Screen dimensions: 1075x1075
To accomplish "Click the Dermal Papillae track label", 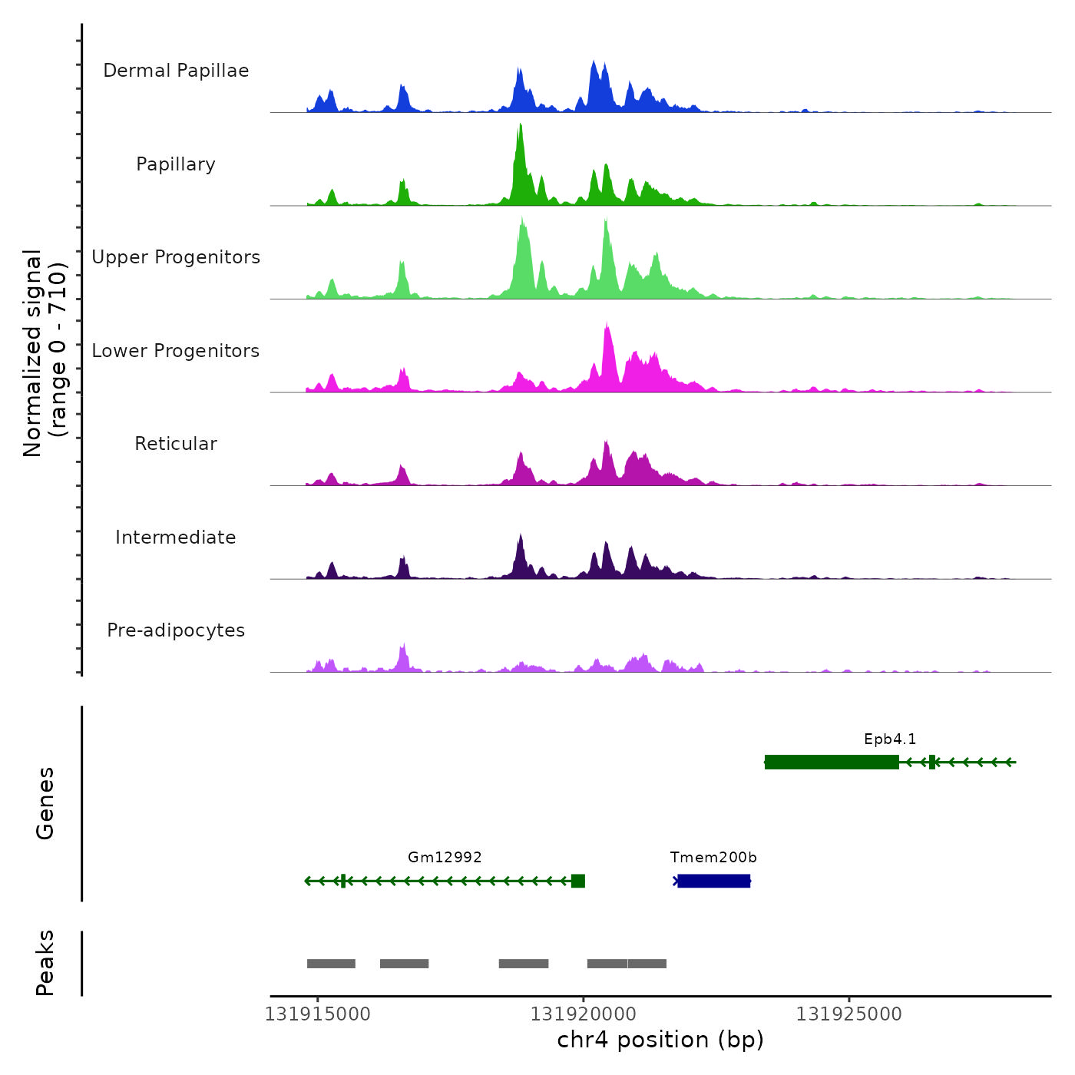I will tap(176, 71).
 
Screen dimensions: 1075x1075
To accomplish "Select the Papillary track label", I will tap(176, 164).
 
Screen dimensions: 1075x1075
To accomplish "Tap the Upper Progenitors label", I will tap(176, 257).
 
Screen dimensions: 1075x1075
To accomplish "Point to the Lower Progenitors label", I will tap(176, 351).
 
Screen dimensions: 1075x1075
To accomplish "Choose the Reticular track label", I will tap(176, 444).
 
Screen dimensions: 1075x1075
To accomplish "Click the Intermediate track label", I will tap(176, 537).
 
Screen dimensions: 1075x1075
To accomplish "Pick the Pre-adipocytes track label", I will tap(176, 630).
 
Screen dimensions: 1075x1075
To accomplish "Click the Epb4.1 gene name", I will tap(890, 739).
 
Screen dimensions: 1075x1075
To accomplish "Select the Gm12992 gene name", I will tap(445, 858).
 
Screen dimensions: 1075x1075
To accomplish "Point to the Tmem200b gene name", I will tap(713, 858).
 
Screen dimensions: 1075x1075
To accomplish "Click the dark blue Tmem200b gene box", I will tap(714, 881).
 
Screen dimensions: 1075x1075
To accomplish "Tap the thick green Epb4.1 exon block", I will tap(832, 762).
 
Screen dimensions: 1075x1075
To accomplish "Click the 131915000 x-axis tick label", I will tap(317, 1014).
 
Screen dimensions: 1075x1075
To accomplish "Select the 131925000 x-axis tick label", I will tap(848, 1014).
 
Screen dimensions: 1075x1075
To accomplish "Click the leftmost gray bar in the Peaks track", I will tap(331, 964).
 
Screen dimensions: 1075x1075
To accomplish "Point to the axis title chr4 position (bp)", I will tap(660, 1040).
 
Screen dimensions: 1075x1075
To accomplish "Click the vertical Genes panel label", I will tap(45, 803).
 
